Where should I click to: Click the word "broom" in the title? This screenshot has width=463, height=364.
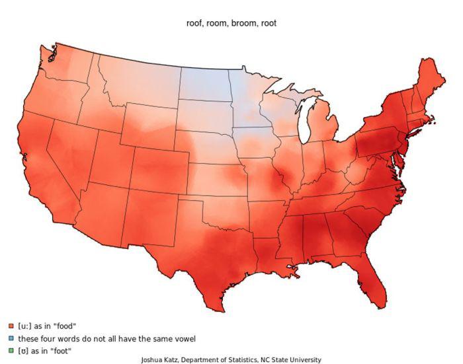click(242, 23)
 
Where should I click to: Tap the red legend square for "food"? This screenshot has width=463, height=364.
click(11, 326)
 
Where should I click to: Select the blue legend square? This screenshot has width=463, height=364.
click(11, 338)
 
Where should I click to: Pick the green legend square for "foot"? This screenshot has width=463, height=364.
click(11, 350)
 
